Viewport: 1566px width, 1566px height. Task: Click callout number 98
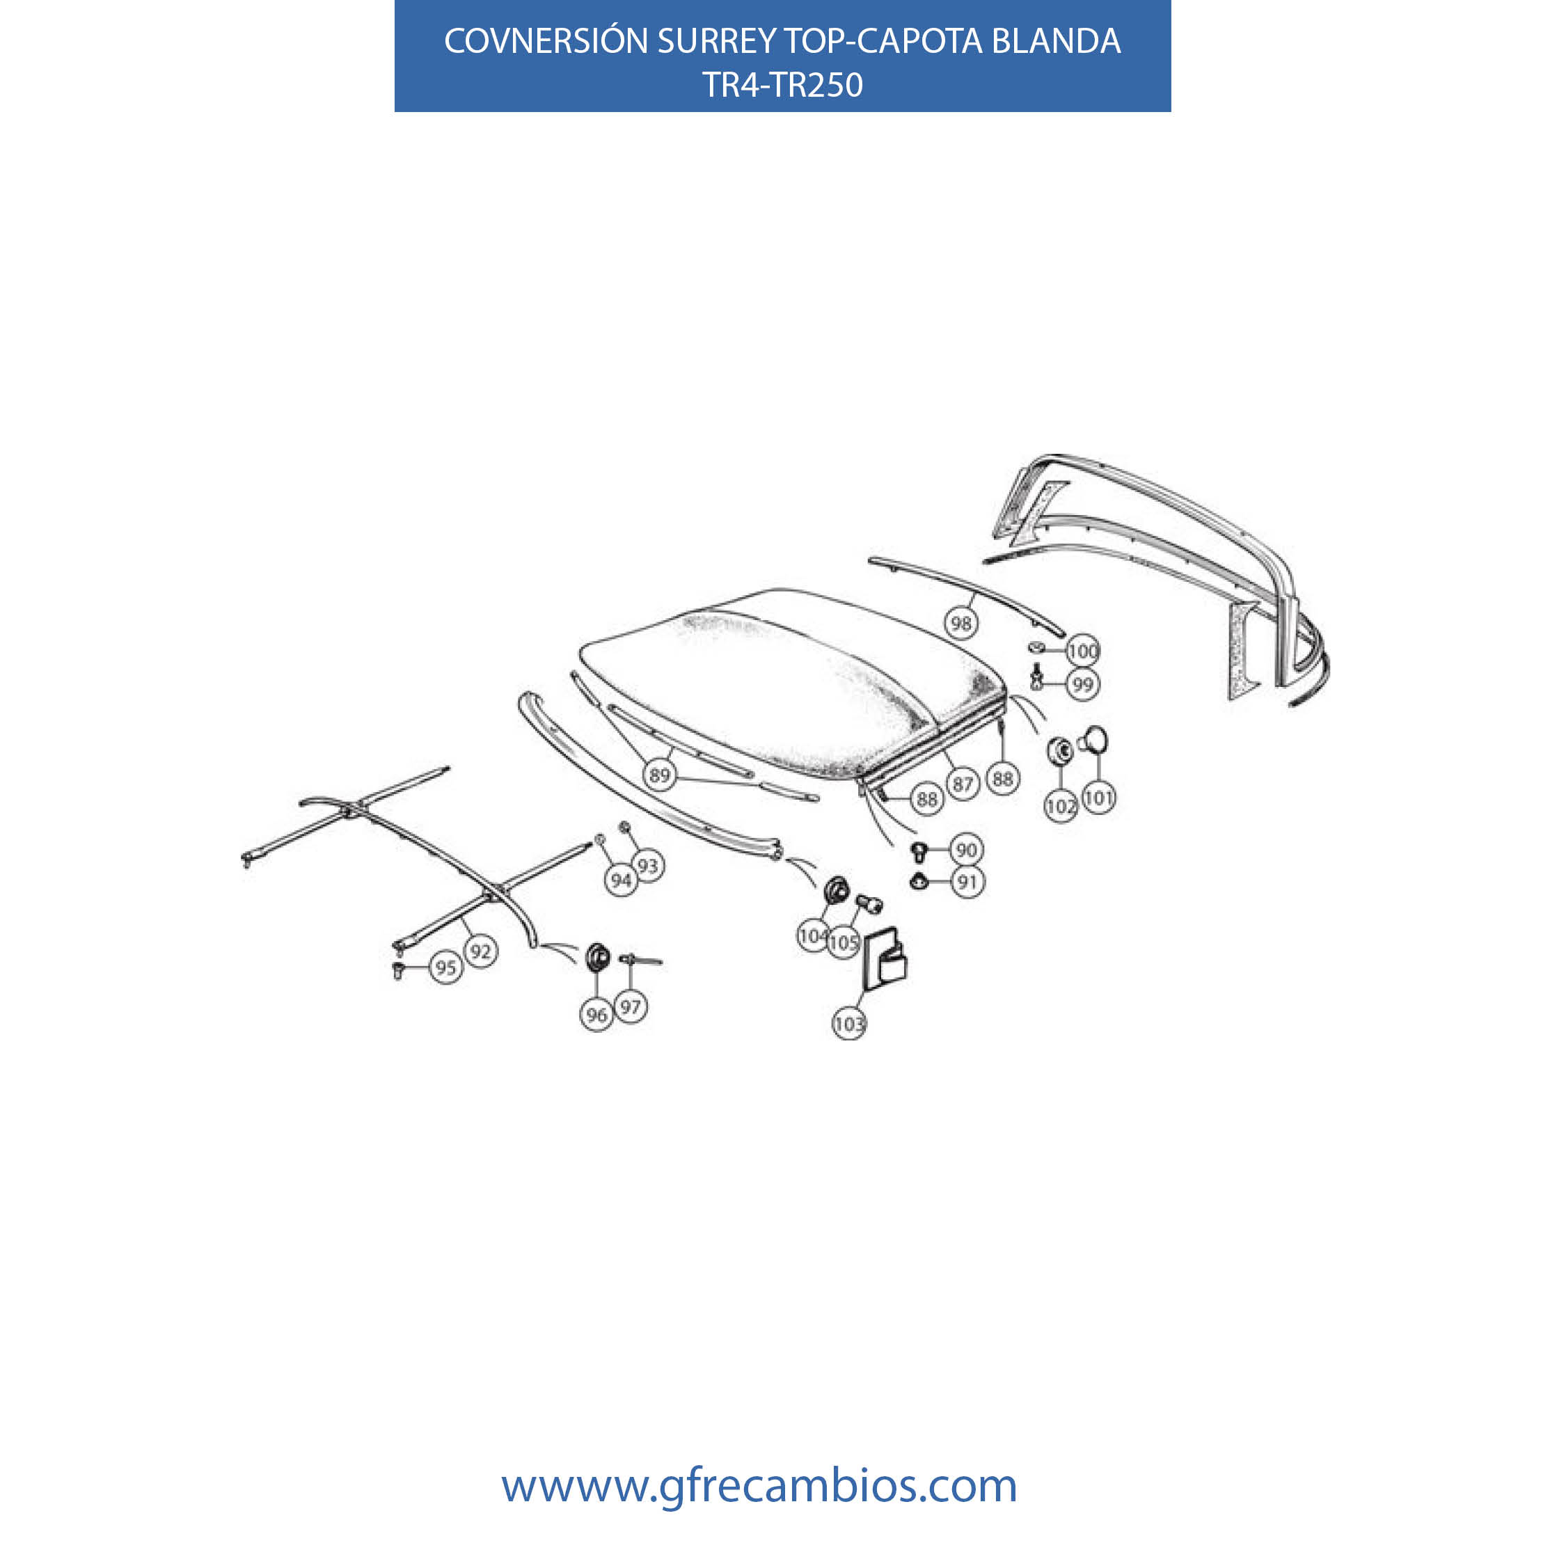(960, 622)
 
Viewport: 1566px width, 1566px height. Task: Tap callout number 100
(1082, 650)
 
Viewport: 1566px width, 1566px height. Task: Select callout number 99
(1082, 684)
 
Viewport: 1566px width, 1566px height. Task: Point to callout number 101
(1098, 798)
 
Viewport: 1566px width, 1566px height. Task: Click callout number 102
(1060, 806)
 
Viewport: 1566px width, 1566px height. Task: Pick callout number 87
(962, 784)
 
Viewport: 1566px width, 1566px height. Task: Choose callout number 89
(660, 775)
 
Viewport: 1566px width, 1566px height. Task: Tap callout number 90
(966, 849)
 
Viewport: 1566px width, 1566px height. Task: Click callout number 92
(481, 951)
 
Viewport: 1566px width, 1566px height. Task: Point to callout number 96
(596, 1015)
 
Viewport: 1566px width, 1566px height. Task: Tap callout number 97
(631, 1006)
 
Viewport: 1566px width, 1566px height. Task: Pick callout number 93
(648, 866)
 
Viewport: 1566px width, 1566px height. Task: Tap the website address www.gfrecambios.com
(759, 1486)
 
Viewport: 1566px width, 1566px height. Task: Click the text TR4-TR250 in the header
(782, 85)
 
